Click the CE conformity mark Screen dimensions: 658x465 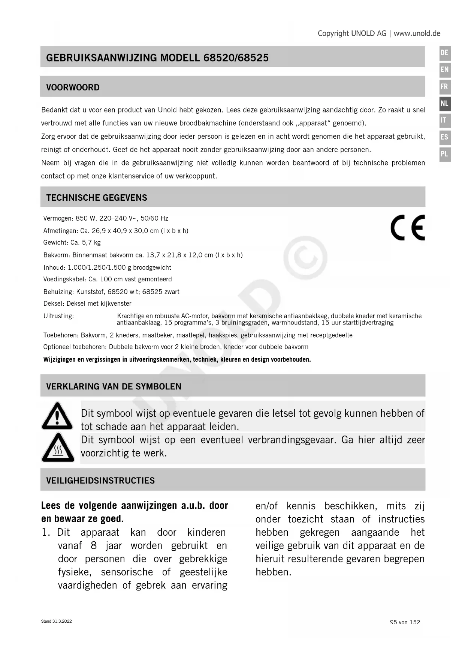[408, 228]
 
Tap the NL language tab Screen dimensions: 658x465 [444, 104]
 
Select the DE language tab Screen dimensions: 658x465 [444, 53]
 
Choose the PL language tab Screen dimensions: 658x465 [444, 154]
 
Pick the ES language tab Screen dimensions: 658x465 [444, 137]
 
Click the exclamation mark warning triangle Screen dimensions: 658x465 [57, 416]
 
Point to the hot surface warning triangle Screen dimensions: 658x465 [57, 448]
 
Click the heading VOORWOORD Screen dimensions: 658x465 [73, 87]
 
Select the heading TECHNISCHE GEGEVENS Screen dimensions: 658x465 [97, 198]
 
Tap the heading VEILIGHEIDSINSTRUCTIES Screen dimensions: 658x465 [100, 481]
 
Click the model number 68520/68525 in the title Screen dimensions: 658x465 [236, 58]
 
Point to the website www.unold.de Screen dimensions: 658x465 [417, 33]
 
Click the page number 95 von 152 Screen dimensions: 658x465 [405, 622]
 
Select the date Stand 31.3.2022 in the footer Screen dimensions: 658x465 [56, 621]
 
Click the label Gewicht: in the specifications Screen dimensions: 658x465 [55, 243]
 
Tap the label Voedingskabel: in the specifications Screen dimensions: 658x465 [65, 279]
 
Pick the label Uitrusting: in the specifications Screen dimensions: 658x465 [58, 316]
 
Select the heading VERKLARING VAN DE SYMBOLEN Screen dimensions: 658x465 [114, 386]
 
